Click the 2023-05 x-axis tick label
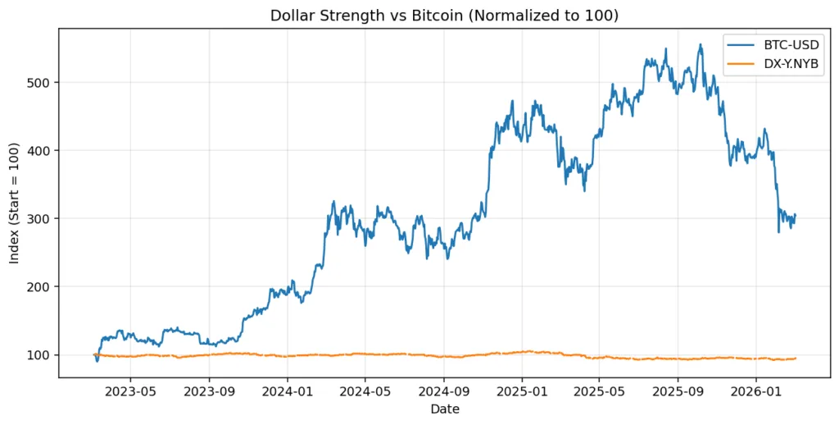[130, 391]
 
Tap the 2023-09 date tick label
[209, 391]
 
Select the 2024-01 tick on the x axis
[288, 391]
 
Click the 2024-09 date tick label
[444, 391]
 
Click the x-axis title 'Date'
[446, 409]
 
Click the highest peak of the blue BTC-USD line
[700, 44]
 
